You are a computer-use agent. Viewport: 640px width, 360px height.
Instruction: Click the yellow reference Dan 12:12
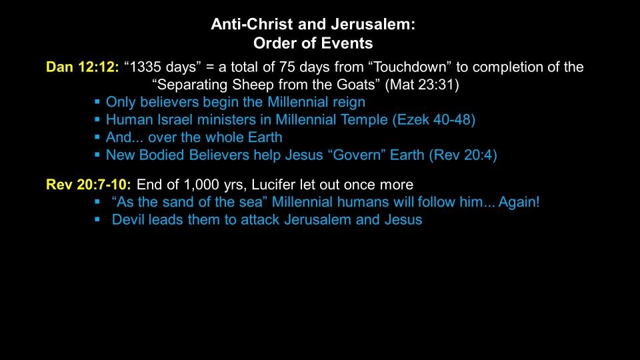[83, 67]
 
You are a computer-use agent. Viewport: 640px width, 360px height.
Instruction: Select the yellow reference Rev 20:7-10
[89, 185]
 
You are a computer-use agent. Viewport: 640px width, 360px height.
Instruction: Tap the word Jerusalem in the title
[373, 25]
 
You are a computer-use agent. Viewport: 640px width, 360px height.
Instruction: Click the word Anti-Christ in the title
[253, 25]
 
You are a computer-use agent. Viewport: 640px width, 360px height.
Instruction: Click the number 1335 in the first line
[146, 67]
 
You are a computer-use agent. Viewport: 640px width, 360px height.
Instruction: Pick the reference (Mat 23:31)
[422, 85]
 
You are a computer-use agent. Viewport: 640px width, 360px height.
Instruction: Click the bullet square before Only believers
[97, 101]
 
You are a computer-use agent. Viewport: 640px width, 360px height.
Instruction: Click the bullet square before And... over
[97, 137]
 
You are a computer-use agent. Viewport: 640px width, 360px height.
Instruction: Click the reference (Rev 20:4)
[463, 155]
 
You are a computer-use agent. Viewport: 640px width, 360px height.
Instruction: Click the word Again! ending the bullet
[519, 202]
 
